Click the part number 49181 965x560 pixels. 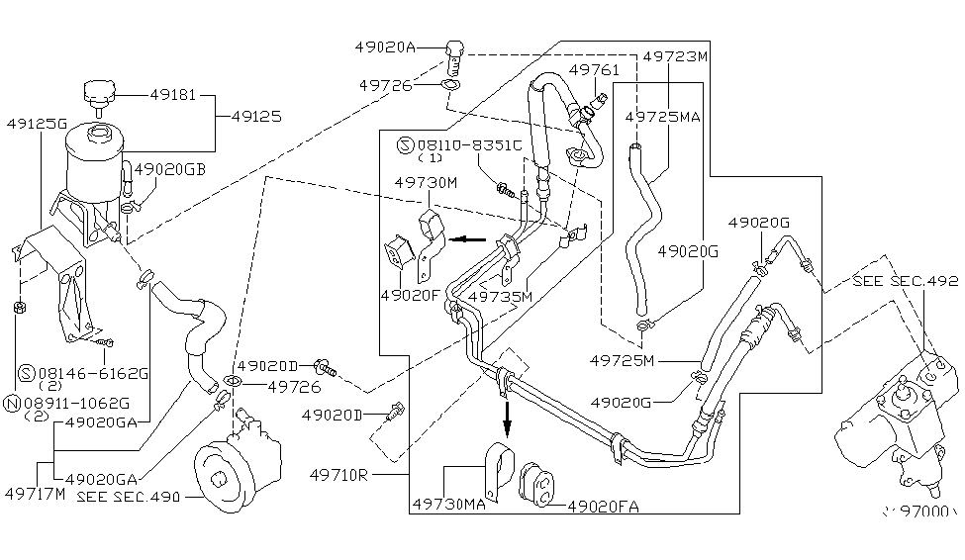174,96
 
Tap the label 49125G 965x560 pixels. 36,124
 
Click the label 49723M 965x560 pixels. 676,56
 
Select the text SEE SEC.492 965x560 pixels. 906,281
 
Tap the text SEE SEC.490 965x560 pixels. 129,497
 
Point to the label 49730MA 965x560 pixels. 447,506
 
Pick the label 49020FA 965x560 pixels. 604,507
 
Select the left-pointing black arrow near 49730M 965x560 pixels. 467,238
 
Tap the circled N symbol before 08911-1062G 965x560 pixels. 12,403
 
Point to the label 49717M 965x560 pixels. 33,492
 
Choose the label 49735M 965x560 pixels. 500,295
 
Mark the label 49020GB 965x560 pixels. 170,168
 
